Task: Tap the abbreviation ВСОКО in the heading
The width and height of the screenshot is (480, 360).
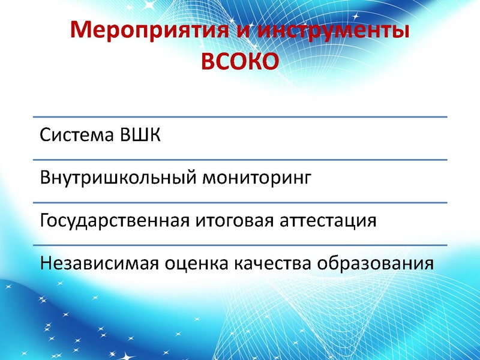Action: pyautogui.click(x=239, y=61)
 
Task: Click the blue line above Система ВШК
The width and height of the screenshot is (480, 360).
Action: pyautogui.click(x=240, y=117)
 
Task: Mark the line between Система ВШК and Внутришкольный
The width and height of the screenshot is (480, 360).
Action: pyautogui.click(x=240, y=160)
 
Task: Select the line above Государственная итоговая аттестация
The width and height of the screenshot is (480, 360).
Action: pyautogui.click(x=240, y=202)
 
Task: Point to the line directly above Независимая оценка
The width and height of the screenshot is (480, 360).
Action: pyautogui.click(x=240, y=245)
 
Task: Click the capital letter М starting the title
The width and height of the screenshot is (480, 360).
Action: pyautogui.click(x=81, y=30)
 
